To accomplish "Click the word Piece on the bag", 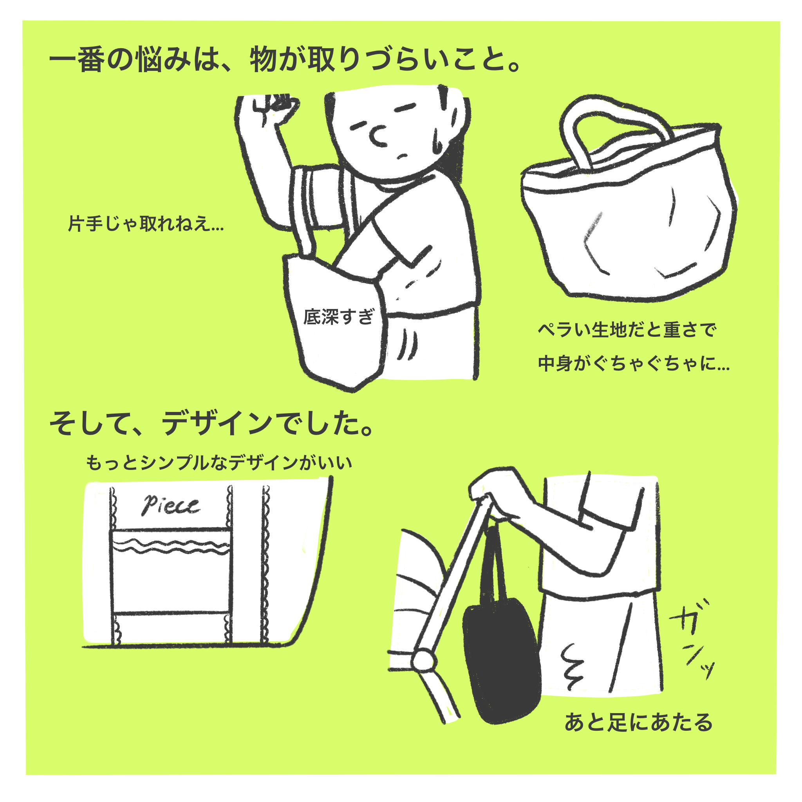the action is [171, 505].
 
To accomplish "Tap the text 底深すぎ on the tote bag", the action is [339, 317].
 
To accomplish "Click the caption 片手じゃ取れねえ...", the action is [146, 224].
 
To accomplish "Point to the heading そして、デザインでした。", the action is [212, 424].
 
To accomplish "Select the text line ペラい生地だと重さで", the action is [627, 331].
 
